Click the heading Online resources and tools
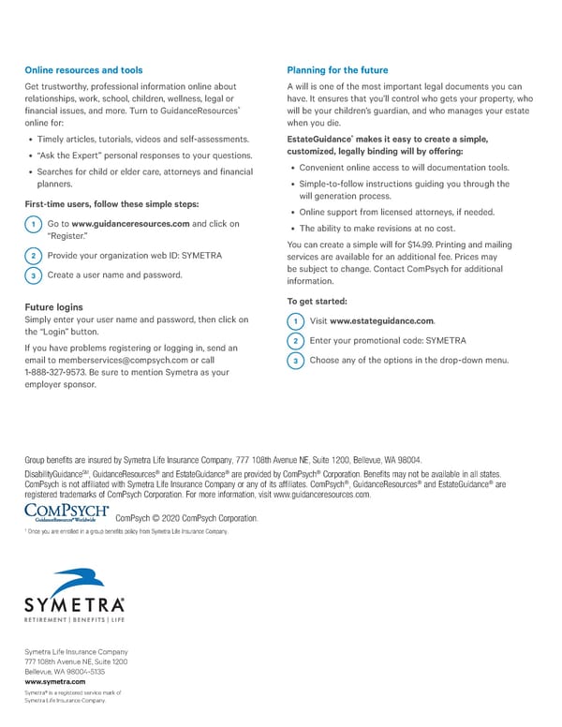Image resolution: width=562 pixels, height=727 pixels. coord(83,69)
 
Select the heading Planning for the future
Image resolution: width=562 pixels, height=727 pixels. coord(336,69)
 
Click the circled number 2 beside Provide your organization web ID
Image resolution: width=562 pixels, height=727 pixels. coord(33,256)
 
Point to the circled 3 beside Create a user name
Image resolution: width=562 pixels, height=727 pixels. coord(33,275)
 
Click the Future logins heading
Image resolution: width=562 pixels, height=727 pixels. coord(53,306)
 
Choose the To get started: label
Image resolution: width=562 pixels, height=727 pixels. coord(317,301)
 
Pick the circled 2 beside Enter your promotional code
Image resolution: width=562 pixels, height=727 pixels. coord(295,341)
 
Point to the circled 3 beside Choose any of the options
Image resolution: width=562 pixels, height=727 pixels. coord(295,361)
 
